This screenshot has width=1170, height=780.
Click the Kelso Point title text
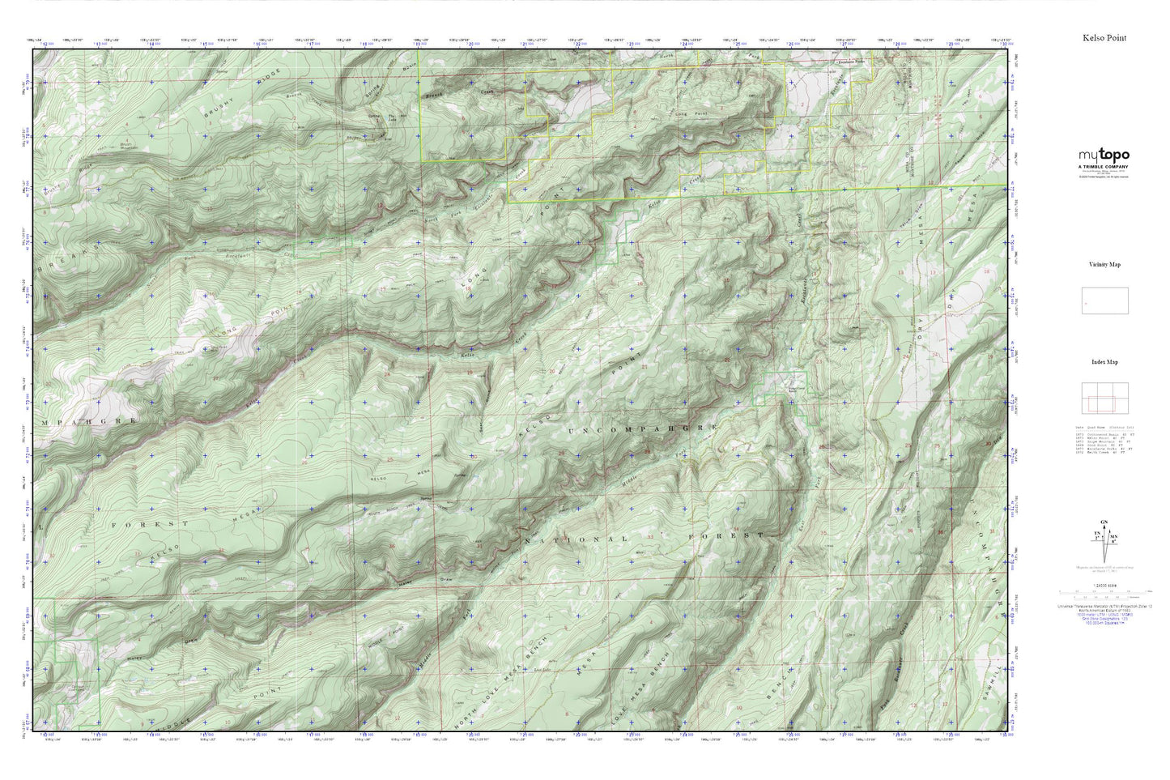click(x=1104, y=38)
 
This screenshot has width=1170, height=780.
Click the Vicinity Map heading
click(x=1104, y=264)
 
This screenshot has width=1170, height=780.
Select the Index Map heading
click(x=1104, y=362)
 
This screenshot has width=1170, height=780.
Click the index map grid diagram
click(x=1104, y=399)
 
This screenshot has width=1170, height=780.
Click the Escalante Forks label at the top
click(x=853, y=62)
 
